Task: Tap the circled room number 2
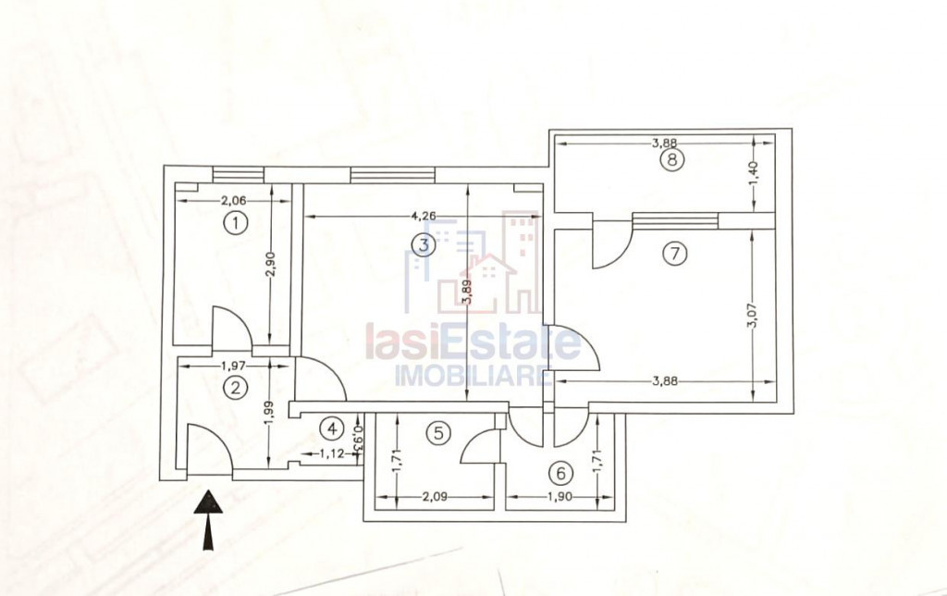click(237, 389)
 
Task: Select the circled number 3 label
click(423, 244)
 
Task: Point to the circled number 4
click(331, 428)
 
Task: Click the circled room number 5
click(438, 431)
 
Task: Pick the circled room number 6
click(560, 473)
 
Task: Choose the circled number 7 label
click(677, 254)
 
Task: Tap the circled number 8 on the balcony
click(672, 160)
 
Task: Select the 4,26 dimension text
click(422, 217)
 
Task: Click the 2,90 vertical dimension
click(270, 265)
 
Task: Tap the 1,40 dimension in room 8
click(755, 173)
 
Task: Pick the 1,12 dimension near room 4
click(331, 453)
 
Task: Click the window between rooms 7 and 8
click(675, 220)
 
